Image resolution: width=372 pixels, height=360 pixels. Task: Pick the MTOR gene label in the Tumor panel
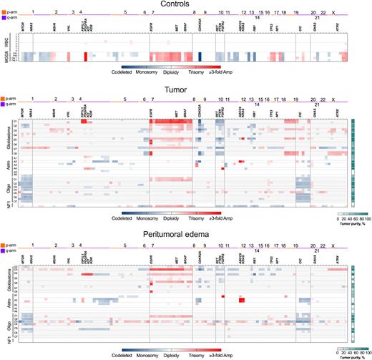tap(24, 112)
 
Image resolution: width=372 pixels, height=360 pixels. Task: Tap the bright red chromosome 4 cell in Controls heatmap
tap(86, 56)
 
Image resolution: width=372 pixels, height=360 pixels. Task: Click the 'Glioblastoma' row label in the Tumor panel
tap(6, 138)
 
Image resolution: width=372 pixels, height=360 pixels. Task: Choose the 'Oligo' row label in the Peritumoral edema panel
tap(6, 320)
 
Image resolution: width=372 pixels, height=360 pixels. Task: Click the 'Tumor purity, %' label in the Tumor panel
tap(351, 223)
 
